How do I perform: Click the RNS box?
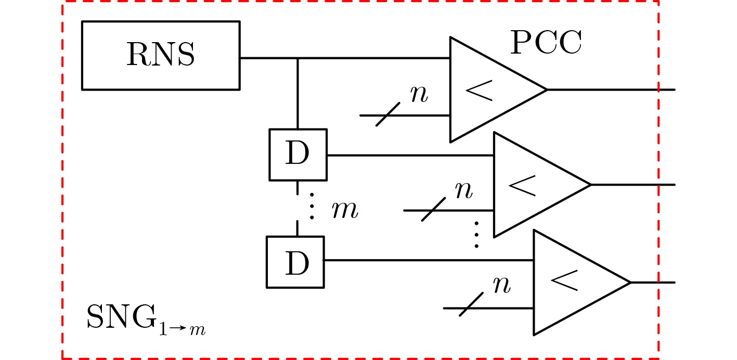click(161, 55)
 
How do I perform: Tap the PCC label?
click(546, 43)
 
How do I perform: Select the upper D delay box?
click(298, 155)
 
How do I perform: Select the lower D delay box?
click(295, 262)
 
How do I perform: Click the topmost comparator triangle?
click(489, 89)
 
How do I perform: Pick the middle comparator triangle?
click(533, 185)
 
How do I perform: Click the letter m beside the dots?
click(345, 211)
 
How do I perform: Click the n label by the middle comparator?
click(463, 190)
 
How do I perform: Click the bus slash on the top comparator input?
click(387, 114)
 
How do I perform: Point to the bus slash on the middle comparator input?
click(433, 210)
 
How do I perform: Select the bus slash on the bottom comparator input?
click(471, 304)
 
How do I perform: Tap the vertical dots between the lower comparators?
click(476, 234)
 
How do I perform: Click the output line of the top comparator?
click(609, 89)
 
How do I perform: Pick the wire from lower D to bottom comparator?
click(426, 260)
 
